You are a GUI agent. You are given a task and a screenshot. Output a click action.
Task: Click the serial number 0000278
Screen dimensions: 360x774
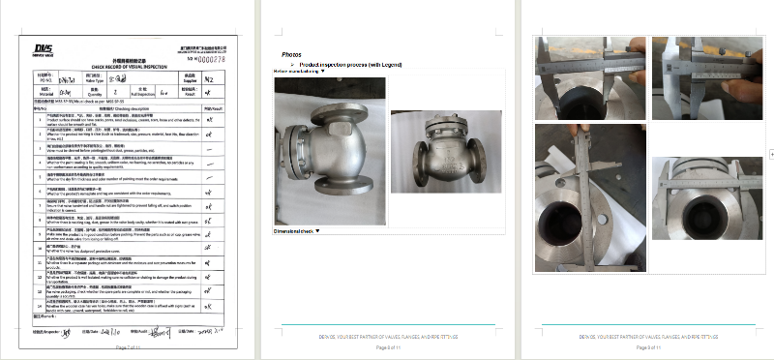213,58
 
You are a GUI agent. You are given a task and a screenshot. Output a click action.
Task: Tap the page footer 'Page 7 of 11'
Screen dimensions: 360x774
129,346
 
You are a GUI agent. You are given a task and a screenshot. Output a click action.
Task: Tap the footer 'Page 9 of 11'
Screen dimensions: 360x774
645,346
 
